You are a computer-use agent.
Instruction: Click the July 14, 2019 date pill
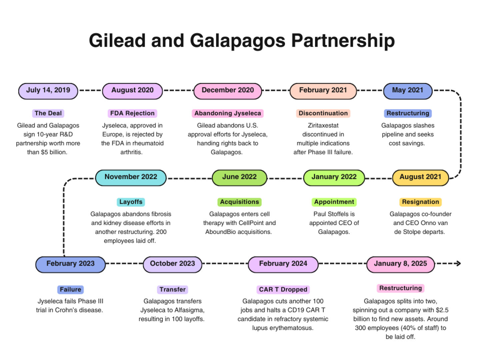click(x=48, y=91)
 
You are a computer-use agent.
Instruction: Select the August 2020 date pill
click(x=132, y=91)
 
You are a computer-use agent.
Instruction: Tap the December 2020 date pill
click(x=228, y=91)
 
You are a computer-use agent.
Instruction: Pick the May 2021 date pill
click(x=407, y=91)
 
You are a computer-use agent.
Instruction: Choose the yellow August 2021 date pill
click(x=420, y=177)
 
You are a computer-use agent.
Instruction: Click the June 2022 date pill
click(x=239, y=177)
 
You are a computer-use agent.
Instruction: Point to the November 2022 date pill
click(x=131, y=177)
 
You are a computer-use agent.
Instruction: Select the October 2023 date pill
click(x=172, y=264)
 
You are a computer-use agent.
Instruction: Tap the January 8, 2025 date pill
click(x=400, y=264)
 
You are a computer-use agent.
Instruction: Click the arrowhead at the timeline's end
click(x=459, y=263)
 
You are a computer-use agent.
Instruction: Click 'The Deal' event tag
click(x=48, y=113)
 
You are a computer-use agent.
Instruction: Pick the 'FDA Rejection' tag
click(x=132, y=113)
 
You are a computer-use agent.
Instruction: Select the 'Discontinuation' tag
click(x=323, y=113)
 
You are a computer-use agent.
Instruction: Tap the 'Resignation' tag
click(x=420, y=202)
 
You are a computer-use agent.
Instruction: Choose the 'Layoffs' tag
click(x=131, y=202)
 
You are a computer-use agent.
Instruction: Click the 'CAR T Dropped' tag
click(x=283, y=290)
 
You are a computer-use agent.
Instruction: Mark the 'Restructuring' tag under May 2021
click(x=408, y=113)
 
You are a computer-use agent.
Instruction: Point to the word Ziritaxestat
click(x=323, y=126)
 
